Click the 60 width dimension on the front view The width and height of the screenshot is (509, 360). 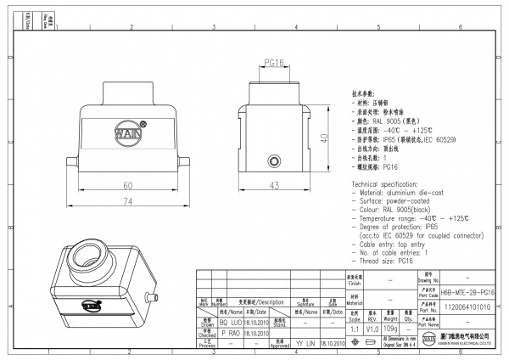tap(128, 186)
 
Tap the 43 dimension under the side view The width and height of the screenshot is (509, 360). tap(275, 186)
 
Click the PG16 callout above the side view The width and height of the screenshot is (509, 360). tap(274, 63)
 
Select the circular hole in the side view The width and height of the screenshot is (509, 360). tap(273, 161)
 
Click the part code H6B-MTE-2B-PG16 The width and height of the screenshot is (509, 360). tap(469, 291)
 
